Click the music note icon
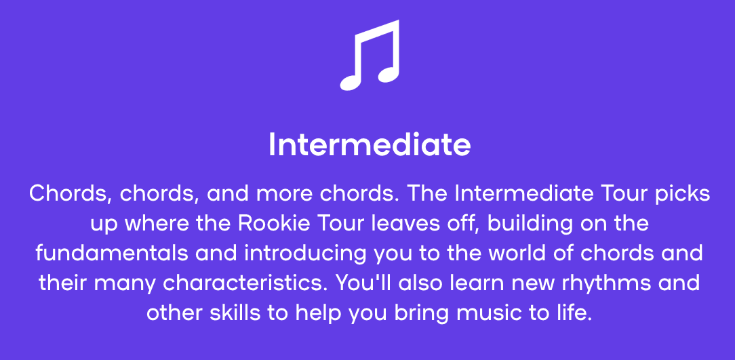tap(370, 56)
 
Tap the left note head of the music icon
tap(351, 83)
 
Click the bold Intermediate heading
tap(370, 145)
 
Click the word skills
tap(235, 313)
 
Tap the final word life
tap(572, 313)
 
